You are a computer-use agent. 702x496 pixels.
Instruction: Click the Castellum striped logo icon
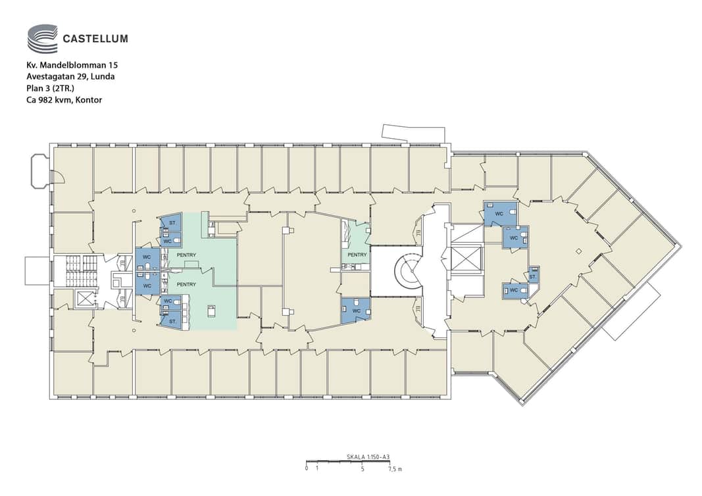pos(43,39)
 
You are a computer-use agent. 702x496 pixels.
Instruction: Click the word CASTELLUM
pos(95,39)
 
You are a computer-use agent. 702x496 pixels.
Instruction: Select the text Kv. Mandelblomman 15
pos(72,65)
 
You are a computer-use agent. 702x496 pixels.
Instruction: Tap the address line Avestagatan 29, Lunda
pos(70,76)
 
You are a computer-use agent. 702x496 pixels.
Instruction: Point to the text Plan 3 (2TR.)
pos(50,88)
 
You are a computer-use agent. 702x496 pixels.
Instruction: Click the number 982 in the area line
pos(45,100)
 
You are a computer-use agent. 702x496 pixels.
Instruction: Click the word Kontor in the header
pos(89,100)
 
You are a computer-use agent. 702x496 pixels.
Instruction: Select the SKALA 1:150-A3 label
pos(368,457)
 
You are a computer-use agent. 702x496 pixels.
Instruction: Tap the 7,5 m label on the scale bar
pos(395,469)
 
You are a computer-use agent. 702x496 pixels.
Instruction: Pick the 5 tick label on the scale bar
pos(363,469)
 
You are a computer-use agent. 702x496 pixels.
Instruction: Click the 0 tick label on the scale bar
pos(306,469)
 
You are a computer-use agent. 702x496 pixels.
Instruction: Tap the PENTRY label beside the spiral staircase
pos(357,255)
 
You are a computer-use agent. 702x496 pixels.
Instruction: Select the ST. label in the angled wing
pos(533,277)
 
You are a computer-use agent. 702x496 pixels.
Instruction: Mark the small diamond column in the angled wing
pos(579,251)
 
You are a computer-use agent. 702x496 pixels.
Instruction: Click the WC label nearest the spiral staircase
pos(357,310)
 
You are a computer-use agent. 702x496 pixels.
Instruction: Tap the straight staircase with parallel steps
pos(80,270)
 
